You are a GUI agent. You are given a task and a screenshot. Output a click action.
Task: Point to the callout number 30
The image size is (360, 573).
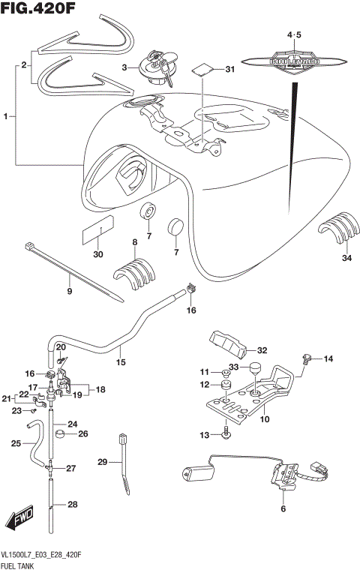97,254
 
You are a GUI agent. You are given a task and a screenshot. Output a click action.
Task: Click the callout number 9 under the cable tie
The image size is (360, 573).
69,292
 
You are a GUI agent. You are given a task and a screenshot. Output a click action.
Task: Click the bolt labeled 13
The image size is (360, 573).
225,433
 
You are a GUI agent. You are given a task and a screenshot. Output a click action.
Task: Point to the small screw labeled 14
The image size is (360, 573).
307,361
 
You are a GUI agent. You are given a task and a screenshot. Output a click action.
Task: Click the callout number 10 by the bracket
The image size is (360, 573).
264,419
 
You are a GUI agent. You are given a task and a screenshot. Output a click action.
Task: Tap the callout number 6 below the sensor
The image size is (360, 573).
283,509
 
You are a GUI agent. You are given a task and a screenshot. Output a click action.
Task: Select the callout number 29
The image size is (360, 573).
103,462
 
